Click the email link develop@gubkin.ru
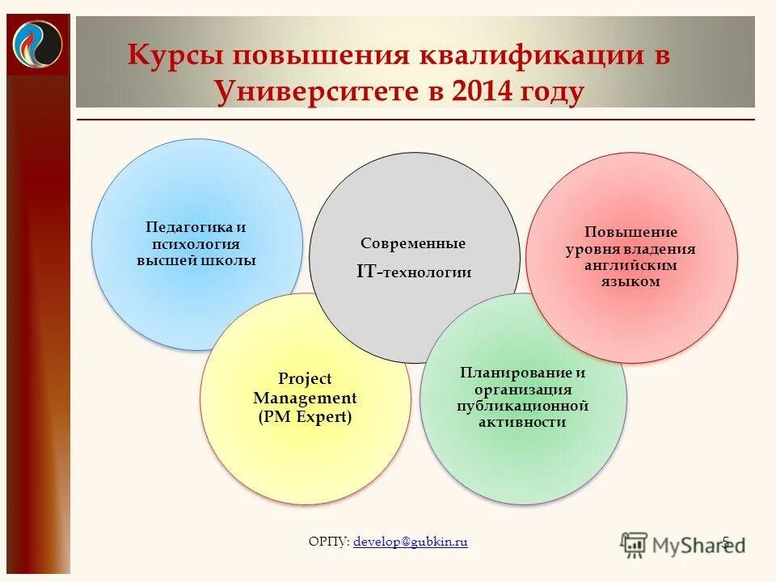411,542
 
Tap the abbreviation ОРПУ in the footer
327,542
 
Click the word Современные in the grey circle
413,243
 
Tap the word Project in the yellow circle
305,378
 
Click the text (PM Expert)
305,417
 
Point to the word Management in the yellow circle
305,398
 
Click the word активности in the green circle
522,422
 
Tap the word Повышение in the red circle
630,232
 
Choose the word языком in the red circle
630,281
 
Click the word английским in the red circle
630,265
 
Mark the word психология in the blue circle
195,244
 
